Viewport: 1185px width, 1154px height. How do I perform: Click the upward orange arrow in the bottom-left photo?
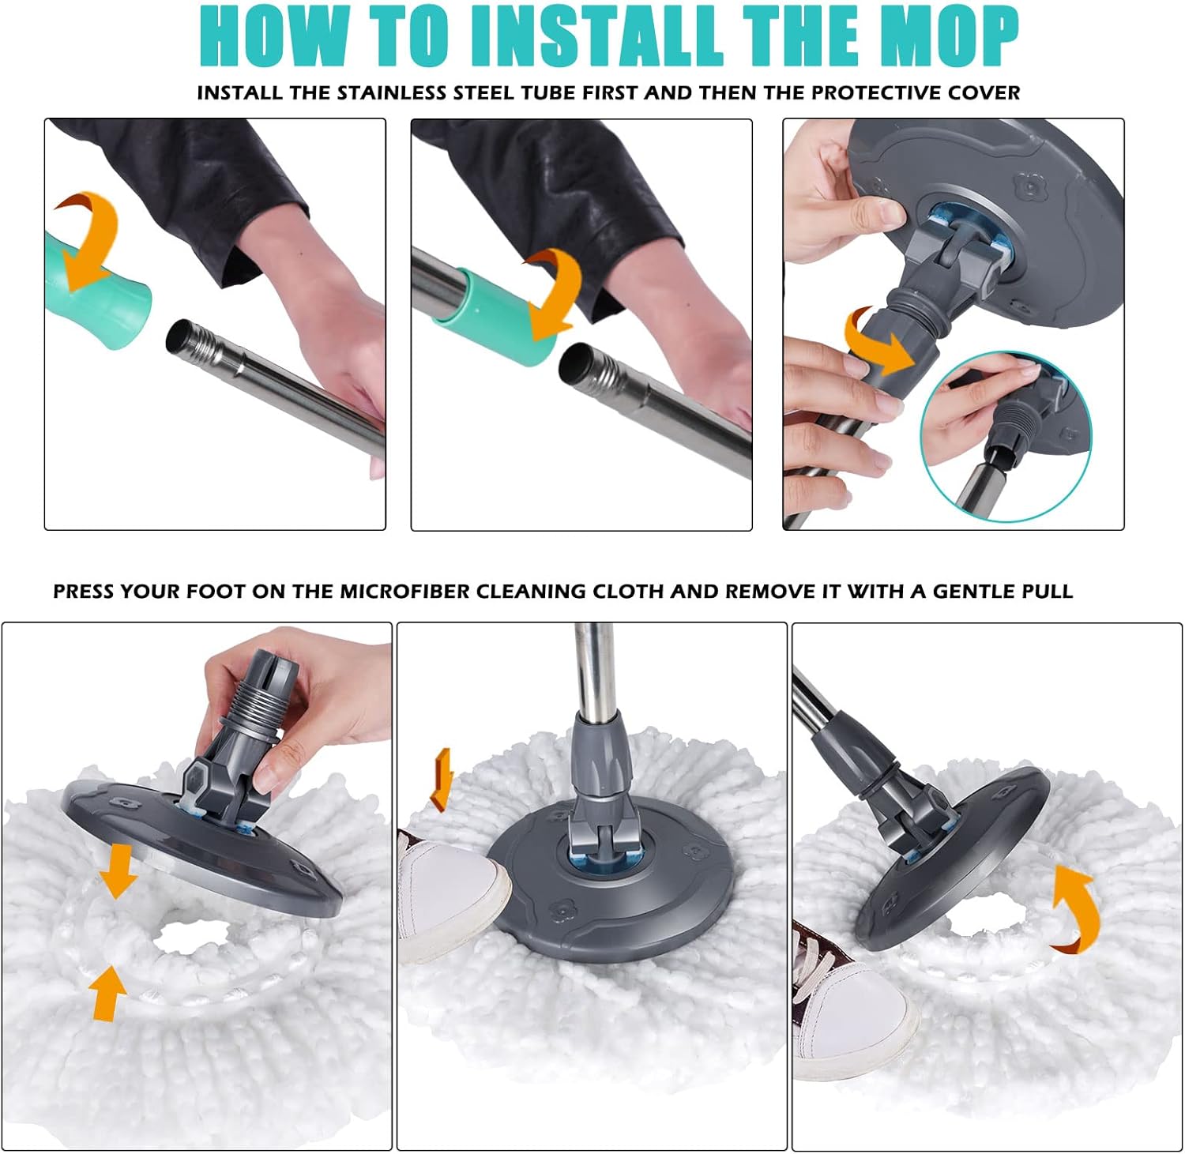pos(107,993)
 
